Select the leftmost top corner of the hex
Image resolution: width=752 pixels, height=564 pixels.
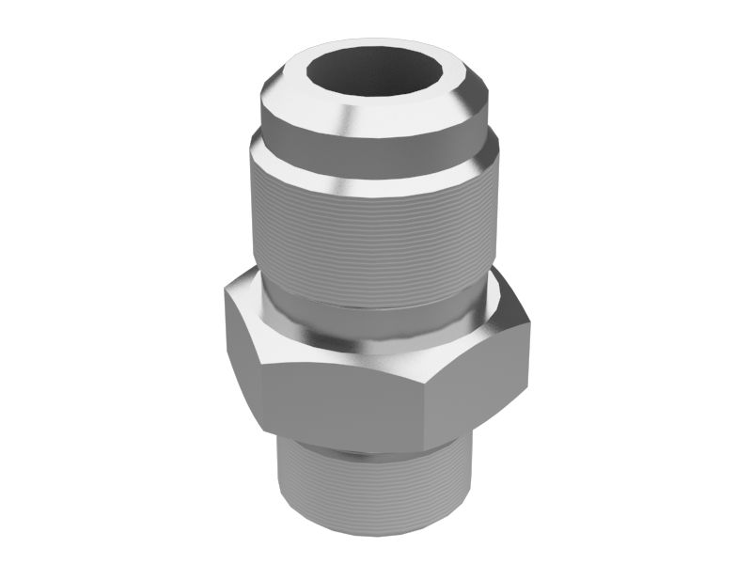pyautogui.click(x=225, y=290)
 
